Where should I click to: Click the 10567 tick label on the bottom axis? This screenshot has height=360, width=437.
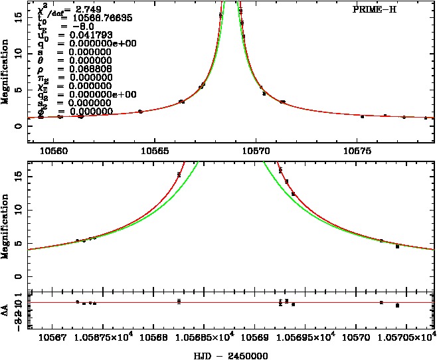tap(53, 338)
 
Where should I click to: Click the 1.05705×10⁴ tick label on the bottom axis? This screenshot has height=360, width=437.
tap(404, 338)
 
